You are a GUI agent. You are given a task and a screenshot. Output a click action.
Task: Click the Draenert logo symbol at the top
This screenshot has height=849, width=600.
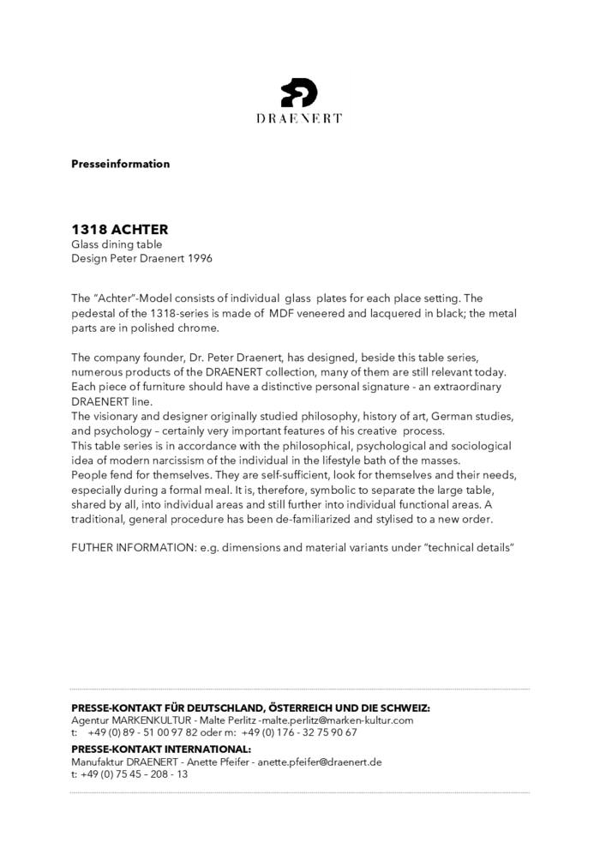click(299, 92)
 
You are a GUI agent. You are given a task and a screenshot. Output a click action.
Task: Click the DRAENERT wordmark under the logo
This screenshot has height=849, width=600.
click(299, 118)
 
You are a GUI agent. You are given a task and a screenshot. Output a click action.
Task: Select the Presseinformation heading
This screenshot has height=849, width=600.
click(120, 164)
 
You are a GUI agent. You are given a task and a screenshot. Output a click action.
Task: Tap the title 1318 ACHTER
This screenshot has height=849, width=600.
click(119, 230)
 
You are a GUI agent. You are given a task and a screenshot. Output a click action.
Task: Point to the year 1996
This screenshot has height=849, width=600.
click(198, 258)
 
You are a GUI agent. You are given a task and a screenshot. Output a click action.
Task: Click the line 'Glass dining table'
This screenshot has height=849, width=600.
click(117, 244)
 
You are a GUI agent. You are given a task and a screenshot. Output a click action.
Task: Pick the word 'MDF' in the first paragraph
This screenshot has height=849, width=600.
click(283, 313)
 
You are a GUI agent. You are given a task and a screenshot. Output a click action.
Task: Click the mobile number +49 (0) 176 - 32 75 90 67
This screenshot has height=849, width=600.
click(299, 732)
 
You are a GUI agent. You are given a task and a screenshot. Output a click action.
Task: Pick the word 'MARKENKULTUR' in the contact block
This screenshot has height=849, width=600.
click(149, 720)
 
